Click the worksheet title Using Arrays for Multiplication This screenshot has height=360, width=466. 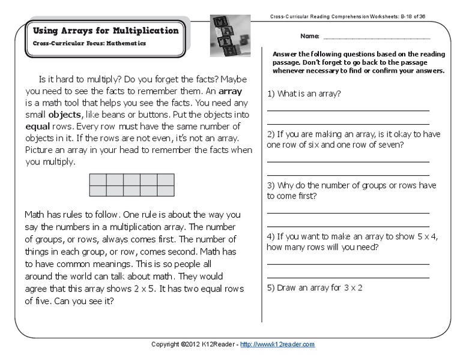[x=105, y=31]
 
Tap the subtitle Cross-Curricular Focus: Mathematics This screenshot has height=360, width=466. [x=89, y=44]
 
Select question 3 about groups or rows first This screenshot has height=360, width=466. [x=351, y=190]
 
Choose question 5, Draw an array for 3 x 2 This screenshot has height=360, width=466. [x=315, y=287]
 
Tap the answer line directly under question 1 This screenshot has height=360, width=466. [x=348, y=110]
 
